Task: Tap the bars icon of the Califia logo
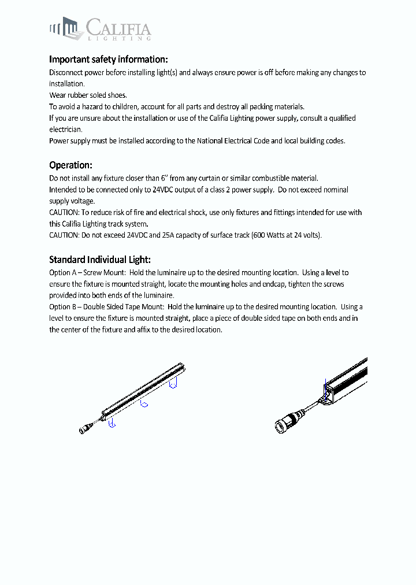coord(64,27)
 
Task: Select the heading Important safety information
coord(109,60)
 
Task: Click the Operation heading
coord(70,165)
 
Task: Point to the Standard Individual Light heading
coord(100,260)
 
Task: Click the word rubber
coord(78,95)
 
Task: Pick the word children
coord(122,107)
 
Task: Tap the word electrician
coord(66,129)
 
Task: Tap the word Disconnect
coord(66,73)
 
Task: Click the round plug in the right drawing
coord(283,425)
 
